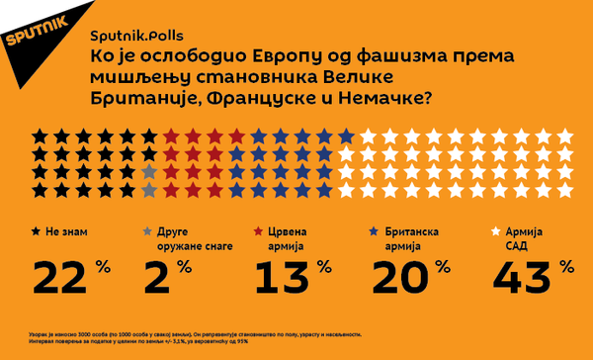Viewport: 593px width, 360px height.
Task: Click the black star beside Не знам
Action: pos(38,230)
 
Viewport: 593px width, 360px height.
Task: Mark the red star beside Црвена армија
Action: pos(260,230)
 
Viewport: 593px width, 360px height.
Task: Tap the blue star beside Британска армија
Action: pos(375,230)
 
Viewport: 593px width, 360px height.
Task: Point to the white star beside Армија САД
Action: pos(496,230)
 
